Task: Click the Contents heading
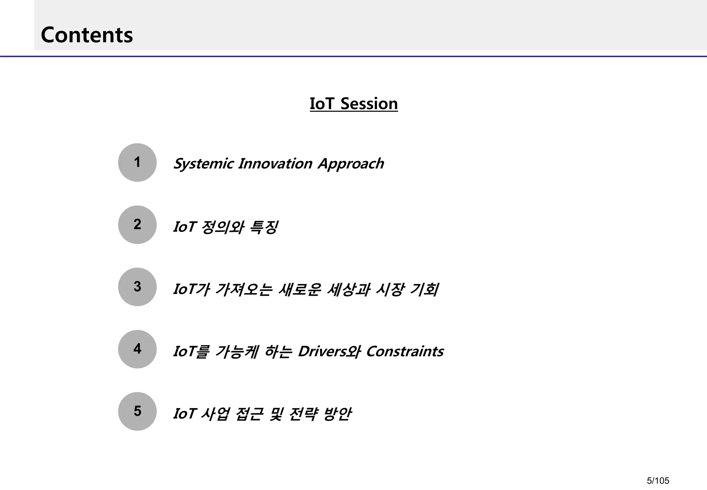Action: point(87,35)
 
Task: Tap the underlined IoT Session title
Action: point(353,104)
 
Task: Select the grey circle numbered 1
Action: point(137,162)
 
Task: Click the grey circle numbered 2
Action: point(137,225)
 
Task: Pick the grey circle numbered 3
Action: point(137,287)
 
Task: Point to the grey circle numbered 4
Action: point(137,349)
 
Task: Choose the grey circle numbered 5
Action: point(137,411)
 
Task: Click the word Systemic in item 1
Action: point(203,164)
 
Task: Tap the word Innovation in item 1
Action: point(275,164)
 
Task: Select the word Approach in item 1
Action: point(351,164)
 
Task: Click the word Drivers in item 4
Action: point(322,351)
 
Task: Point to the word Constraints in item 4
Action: point(405,351)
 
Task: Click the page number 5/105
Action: point(658,481)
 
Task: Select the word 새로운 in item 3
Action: point(299,289)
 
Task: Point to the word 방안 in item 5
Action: point(337,414)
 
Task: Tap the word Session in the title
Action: point(369,104)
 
